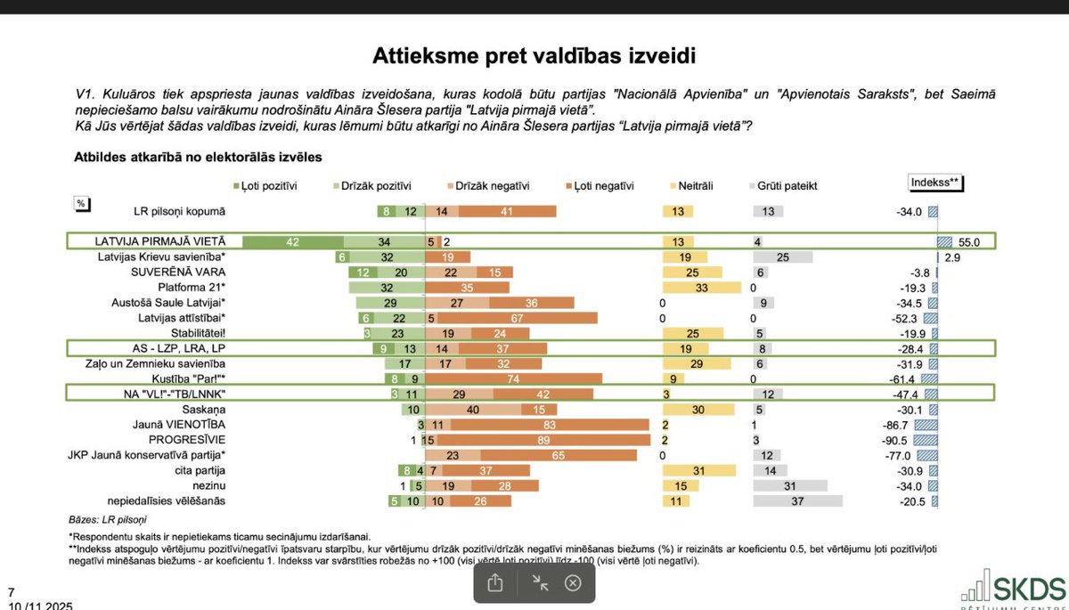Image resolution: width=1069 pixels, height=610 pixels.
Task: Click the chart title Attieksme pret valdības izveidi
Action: pyautogui.click(x=534, y=56)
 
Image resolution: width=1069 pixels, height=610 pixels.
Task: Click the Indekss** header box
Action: pyautogui.click(x=935, y=183)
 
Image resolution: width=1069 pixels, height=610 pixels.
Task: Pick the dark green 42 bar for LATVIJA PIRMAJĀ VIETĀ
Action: pyautogui.click(x=293, y=242)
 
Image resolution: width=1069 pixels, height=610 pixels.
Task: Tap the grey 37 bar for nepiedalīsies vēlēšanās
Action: pyautogui.click(x=797, y=501)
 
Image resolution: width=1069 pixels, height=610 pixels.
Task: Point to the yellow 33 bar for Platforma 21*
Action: pyautogui.click(x=702, y=288)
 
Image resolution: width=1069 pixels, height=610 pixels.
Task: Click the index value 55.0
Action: pyautogui.click(x=968, y=242)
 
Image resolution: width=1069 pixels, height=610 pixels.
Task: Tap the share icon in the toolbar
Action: pyautogui.click(x=496, y=582)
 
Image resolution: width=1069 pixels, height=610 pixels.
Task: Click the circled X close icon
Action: pyautogui.click(x=573, y=582)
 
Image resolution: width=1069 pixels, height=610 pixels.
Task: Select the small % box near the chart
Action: pyautogui.click(x=81, y=204)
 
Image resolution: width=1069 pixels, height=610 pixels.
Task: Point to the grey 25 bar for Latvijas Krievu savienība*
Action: pyautogui.click(x=783, y=257)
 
